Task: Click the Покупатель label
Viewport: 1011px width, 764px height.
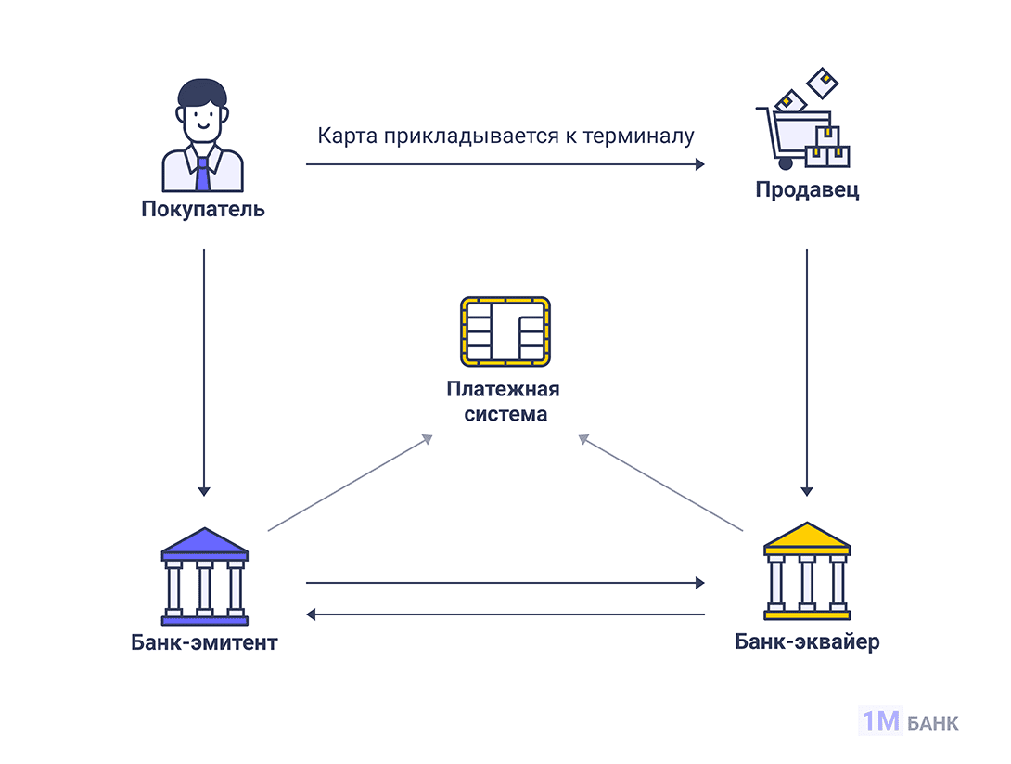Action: click(x=203, y=209)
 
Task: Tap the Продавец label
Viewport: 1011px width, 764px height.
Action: click(x=807, y=191)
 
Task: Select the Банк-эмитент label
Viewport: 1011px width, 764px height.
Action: click(x=204, y=642)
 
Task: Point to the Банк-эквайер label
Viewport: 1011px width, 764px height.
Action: click(x=807, y=641)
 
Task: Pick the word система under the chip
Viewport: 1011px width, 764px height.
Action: click(x=505, y=414)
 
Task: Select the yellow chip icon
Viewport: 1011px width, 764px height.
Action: click(x=505, y=331)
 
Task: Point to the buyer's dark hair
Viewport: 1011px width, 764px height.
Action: click(x=202, y=93)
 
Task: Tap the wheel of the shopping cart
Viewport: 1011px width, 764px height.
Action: click(x=787, y=163)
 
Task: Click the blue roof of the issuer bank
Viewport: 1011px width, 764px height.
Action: click(x=204, y=544)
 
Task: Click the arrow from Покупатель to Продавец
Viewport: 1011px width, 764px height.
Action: click(x=505, y=164)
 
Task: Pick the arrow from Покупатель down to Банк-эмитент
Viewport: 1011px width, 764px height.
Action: click(x=204, y=371)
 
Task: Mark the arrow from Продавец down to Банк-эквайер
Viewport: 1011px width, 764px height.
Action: click(x=807, y=371)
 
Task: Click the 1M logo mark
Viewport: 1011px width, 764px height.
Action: click(x=880, y=721)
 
